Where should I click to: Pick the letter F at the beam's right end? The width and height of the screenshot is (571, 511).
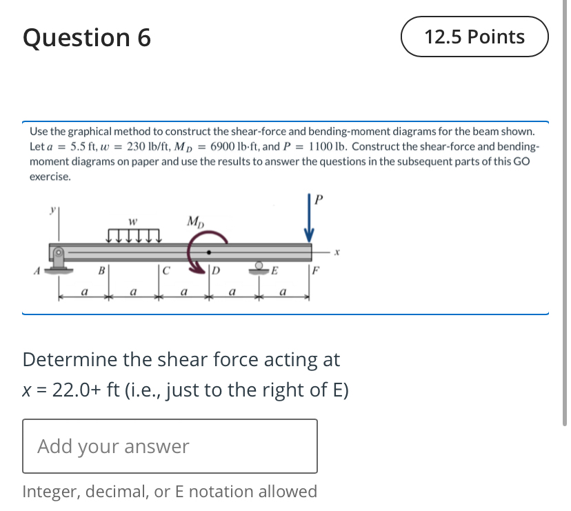click(317, 270)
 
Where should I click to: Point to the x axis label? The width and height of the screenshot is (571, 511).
click(337, 253)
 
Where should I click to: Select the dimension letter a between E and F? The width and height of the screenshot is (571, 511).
click(283, 292)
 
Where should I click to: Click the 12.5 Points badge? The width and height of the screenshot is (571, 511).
click(474, 37)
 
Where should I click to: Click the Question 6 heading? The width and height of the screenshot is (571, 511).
click(87, 38)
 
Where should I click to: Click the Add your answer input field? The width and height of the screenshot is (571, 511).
click(170, 446)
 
